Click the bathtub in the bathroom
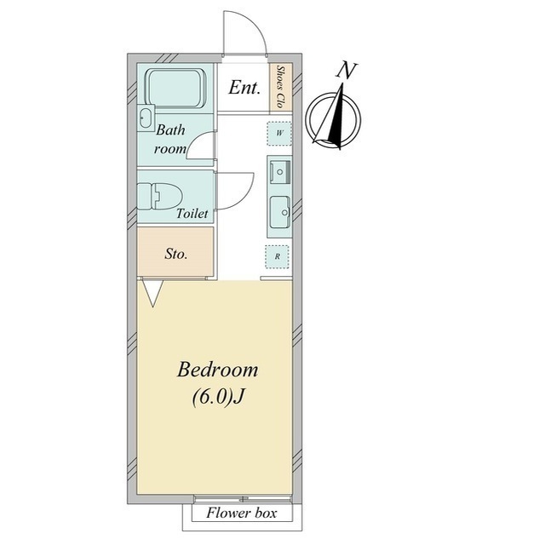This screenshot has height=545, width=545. (176, 88)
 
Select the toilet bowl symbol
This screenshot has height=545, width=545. (160, 197)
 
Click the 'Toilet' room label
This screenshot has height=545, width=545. (192, 214)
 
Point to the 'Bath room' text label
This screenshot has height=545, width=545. (170, 140)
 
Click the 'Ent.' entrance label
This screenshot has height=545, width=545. (244, 88)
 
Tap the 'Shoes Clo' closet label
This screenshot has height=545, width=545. (280, 87)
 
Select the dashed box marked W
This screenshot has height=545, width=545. (279, 134)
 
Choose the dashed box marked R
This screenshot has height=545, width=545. (277, 257)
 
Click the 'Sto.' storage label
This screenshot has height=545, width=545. (176, 254)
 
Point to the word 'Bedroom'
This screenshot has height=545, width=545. (218, 370)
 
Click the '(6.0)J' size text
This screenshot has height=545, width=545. (218, 397)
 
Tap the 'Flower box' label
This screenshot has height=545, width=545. (242, 513)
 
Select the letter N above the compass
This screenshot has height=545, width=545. (347, 71)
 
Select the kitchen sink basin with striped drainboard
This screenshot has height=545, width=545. (280, 170)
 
